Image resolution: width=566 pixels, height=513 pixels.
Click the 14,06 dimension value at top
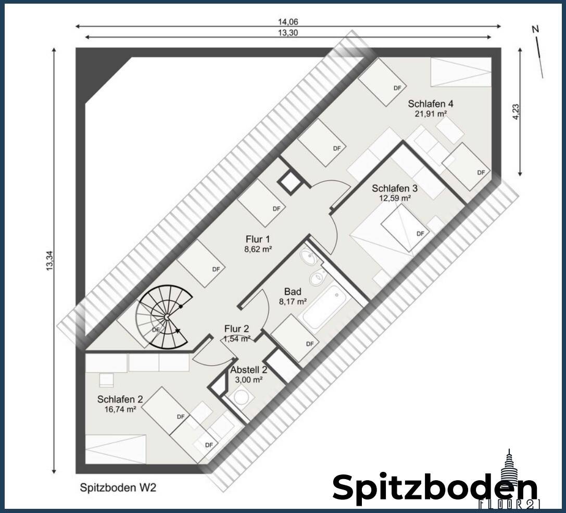(288, 22)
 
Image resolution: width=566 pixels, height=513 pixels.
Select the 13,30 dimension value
(288, 32)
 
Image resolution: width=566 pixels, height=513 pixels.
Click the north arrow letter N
(535, 30)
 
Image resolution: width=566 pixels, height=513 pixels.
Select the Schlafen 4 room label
(430, 103)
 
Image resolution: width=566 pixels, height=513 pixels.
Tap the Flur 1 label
(258, 239)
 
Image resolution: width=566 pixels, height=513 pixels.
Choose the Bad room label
(293, 292)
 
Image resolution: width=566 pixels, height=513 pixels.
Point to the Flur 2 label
(237, 329)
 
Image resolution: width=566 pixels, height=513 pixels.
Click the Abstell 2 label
(248, 370)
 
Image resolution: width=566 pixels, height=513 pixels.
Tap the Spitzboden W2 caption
(118, 488)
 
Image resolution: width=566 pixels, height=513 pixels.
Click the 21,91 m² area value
(430, 113)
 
